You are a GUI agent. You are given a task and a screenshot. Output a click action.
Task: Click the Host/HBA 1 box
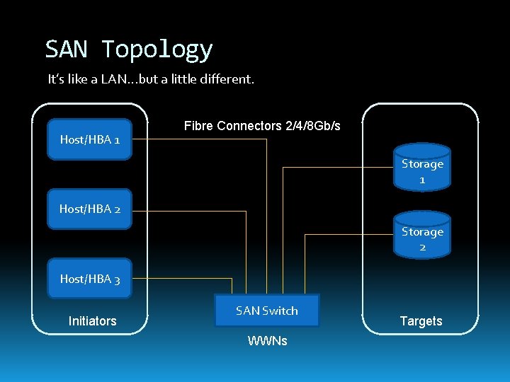point(89,139)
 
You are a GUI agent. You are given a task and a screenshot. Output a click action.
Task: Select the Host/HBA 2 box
point(89,209)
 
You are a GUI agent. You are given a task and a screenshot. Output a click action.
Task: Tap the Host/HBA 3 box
point(89,279)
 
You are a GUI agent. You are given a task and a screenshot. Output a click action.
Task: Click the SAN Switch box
point(267,311)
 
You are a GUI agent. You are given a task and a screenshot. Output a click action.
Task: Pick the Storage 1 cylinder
point(422,168)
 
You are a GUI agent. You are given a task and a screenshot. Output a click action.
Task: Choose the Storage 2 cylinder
point(422,235)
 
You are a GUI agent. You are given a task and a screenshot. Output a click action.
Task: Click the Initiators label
point(92,321)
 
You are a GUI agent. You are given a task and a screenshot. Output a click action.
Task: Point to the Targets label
point(421,321)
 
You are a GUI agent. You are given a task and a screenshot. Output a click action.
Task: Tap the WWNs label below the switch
point(267,341)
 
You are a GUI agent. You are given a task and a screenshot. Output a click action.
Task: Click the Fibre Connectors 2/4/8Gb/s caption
point(262,126)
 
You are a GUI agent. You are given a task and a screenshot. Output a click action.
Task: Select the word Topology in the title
point(157,50)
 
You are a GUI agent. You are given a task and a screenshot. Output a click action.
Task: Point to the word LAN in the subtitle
point(114,79)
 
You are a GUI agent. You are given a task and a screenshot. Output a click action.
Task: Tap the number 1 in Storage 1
point(422,180)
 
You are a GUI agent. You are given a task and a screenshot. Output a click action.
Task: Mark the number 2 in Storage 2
point(422,247)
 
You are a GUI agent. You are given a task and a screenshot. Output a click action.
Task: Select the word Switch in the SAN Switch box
point(280,311)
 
